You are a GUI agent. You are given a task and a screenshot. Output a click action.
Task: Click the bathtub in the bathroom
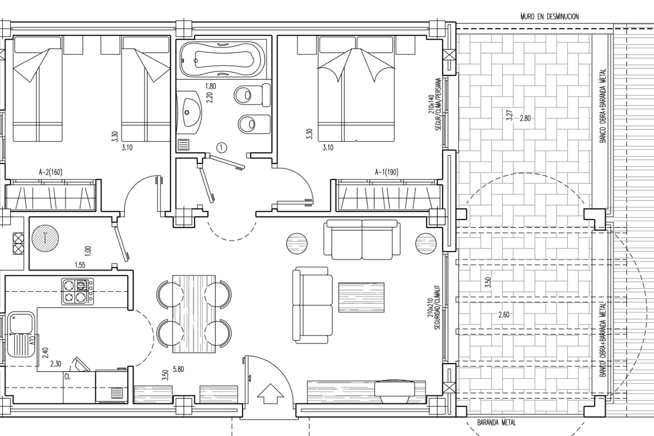click(222, 60)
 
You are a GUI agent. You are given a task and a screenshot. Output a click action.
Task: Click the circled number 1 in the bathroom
click(222, 147)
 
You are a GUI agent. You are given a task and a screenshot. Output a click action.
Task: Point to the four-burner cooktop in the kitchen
click(78, 291)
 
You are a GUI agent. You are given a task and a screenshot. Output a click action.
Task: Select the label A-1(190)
click(387, 172)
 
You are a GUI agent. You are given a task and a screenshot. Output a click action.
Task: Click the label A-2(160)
click(50, 172)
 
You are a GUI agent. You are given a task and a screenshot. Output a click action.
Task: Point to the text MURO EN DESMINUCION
click(549, 16)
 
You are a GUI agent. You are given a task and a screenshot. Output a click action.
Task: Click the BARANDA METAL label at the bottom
click(496, 423)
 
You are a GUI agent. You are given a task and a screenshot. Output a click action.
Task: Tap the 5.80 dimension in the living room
click(178, 369)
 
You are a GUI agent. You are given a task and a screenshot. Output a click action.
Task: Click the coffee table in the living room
click(361, 297)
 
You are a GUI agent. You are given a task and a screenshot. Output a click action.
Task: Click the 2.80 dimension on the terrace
click(525, 119)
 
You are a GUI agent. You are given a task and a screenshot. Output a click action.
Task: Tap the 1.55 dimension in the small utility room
click(80, 265)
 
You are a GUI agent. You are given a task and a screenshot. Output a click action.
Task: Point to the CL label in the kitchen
click(67, 377)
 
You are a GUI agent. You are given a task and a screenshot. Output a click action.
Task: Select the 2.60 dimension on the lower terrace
click(504, 315)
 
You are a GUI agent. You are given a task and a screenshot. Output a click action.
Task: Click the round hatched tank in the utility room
click(45, 238)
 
